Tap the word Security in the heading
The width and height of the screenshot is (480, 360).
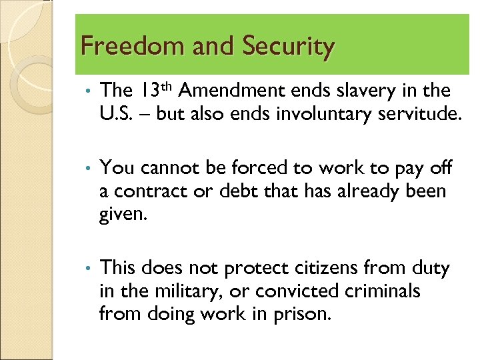tap(289, 47)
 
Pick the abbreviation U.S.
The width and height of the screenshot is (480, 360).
tap(115, 113)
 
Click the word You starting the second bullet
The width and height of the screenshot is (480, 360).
tap(116, 168)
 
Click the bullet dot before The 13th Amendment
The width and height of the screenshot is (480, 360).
tap(87, 91)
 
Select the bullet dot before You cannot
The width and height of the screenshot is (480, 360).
tap(87, 169)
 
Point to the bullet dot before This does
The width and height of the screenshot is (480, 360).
tap(87, 269)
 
